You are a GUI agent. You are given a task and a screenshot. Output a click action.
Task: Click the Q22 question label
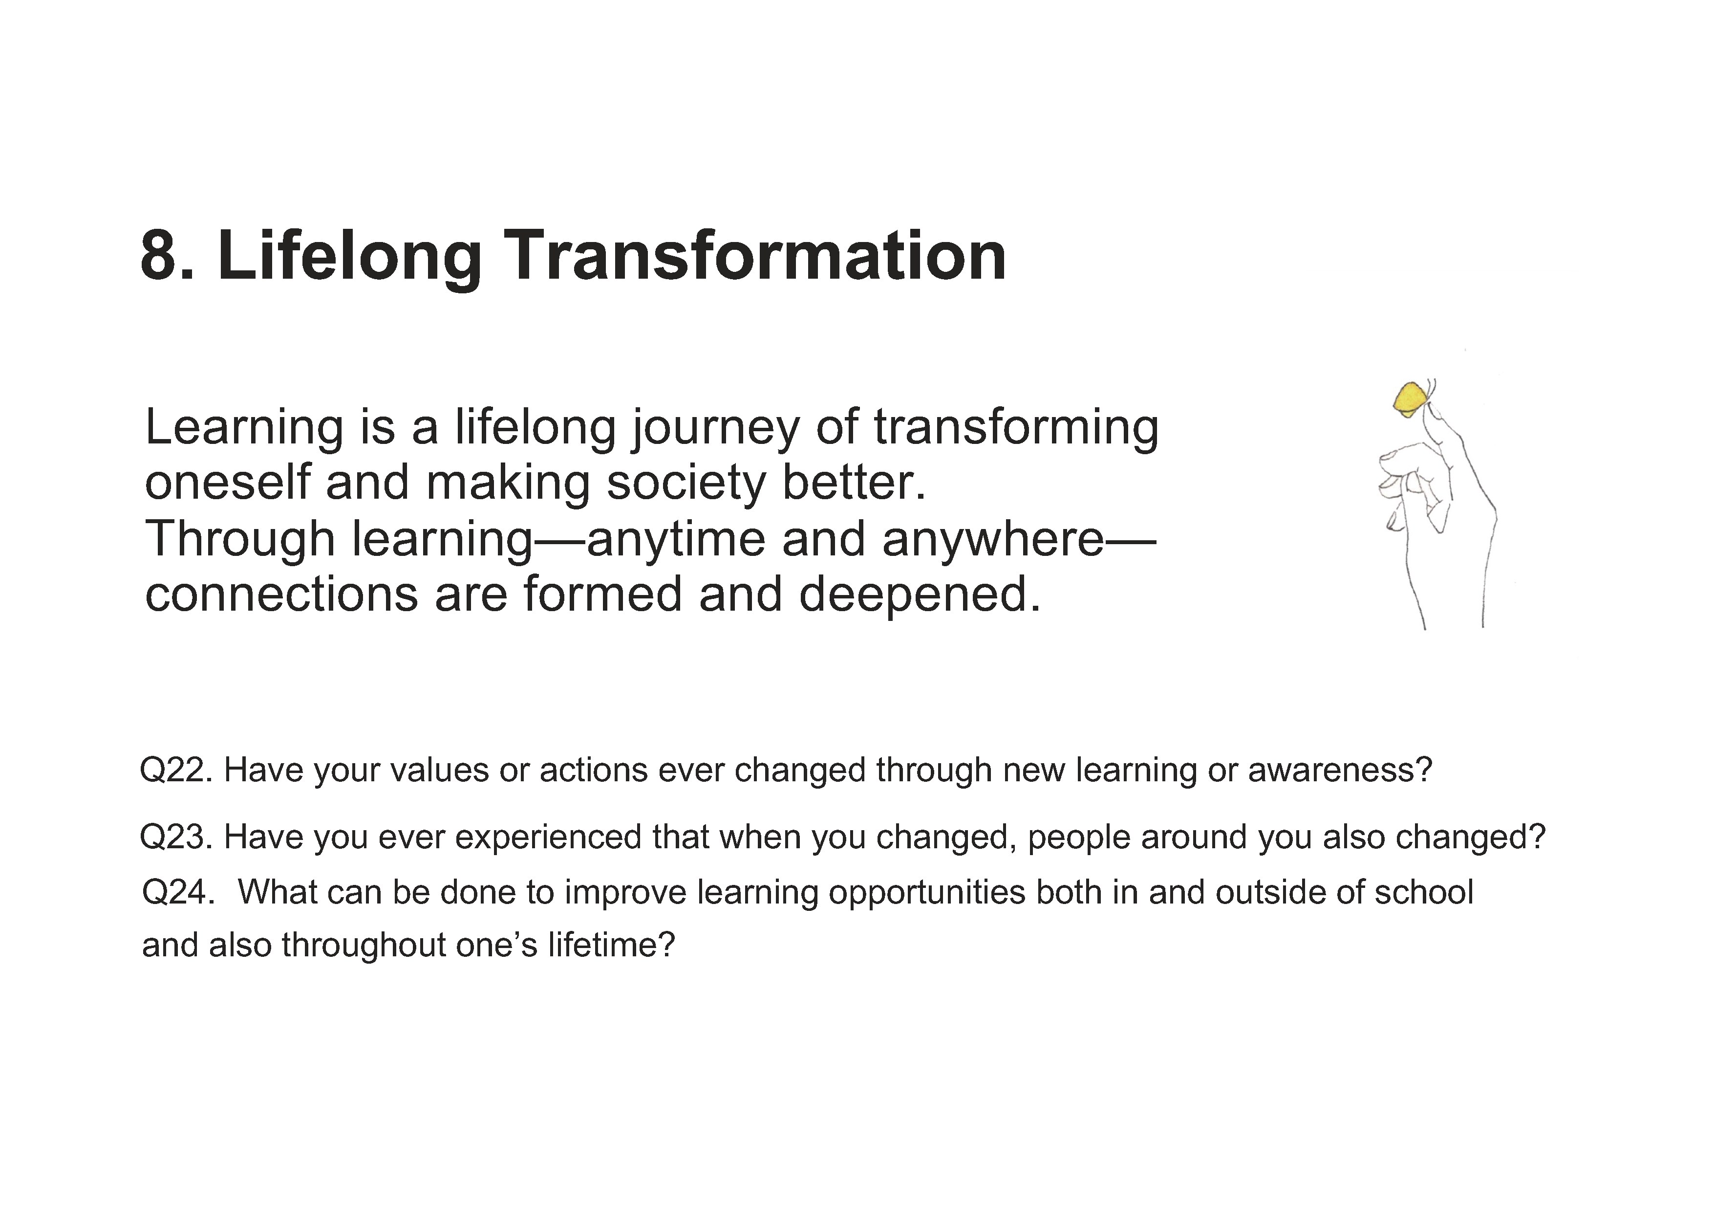pyautogui.click(x=176, y=770)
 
